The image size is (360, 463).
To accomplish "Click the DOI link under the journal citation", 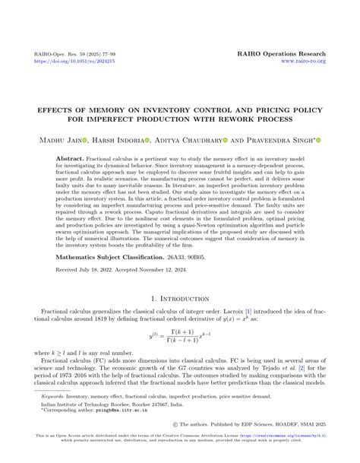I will (62, 64).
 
